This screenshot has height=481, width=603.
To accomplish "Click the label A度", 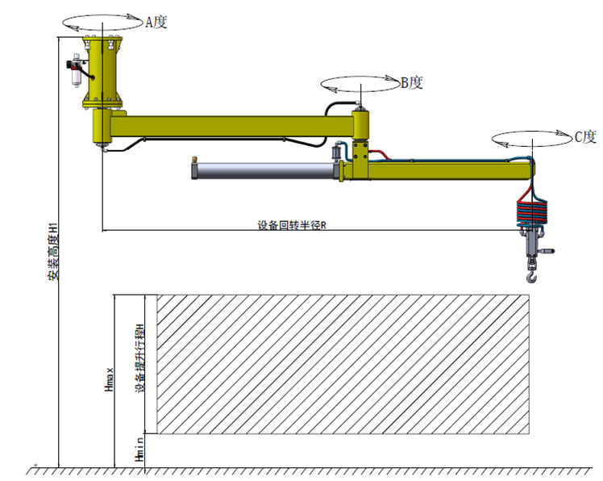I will (x=156, y=23).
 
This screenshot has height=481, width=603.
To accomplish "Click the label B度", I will (x=411, y=82).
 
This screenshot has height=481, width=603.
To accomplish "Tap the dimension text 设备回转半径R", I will (x=292, y=225).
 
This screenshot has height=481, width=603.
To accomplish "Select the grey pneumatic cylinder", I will (x=262, y=169).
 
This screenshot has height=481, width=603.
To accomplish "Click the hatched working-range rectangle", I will (x=342, y=363).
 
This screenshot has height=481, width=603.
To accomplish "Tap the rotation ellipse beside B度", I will (x=360, y=82).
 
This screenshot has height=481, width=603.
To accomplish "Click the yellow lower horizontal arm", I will (x=451, y=169).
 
